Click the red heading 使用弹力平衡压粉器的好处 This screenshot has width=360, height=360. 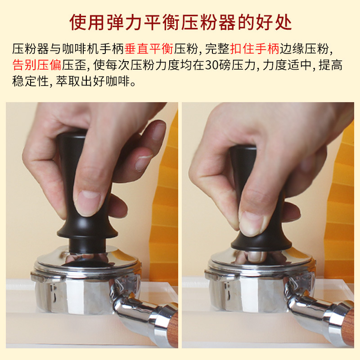[x=180, y=21]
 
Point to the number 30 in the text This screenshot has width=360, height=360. [x=211, y=66]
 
